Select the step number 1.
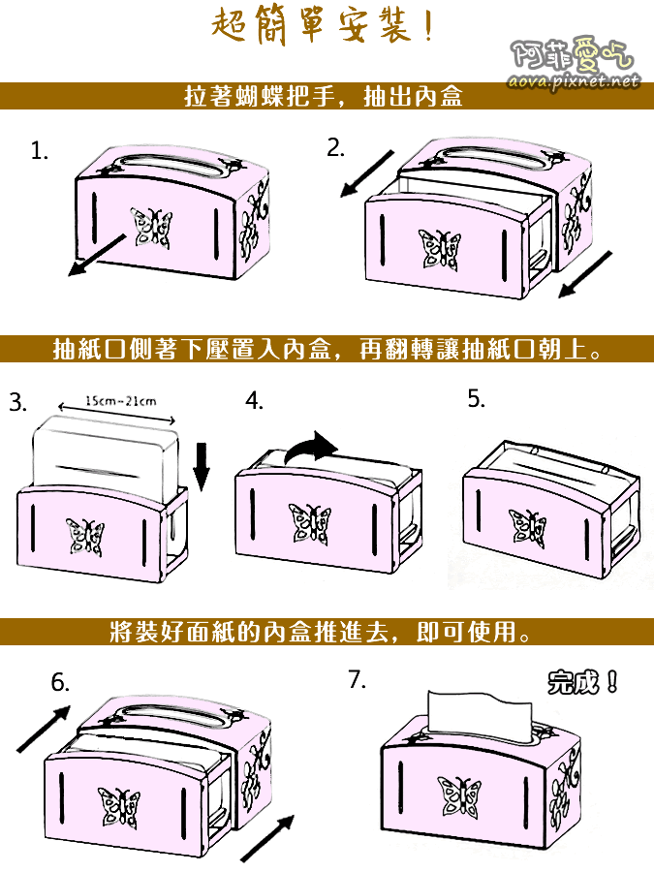[x=39, y=151]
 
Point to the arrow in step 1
[x=98, y=254]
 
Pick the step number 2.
[x=335, y=148]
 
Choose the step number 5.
[x=476, y=399]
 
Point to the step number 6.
[x=60, y=683]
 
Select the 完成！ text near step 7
[x=582, y=682]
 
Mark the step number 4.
[x=254, y=402]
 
